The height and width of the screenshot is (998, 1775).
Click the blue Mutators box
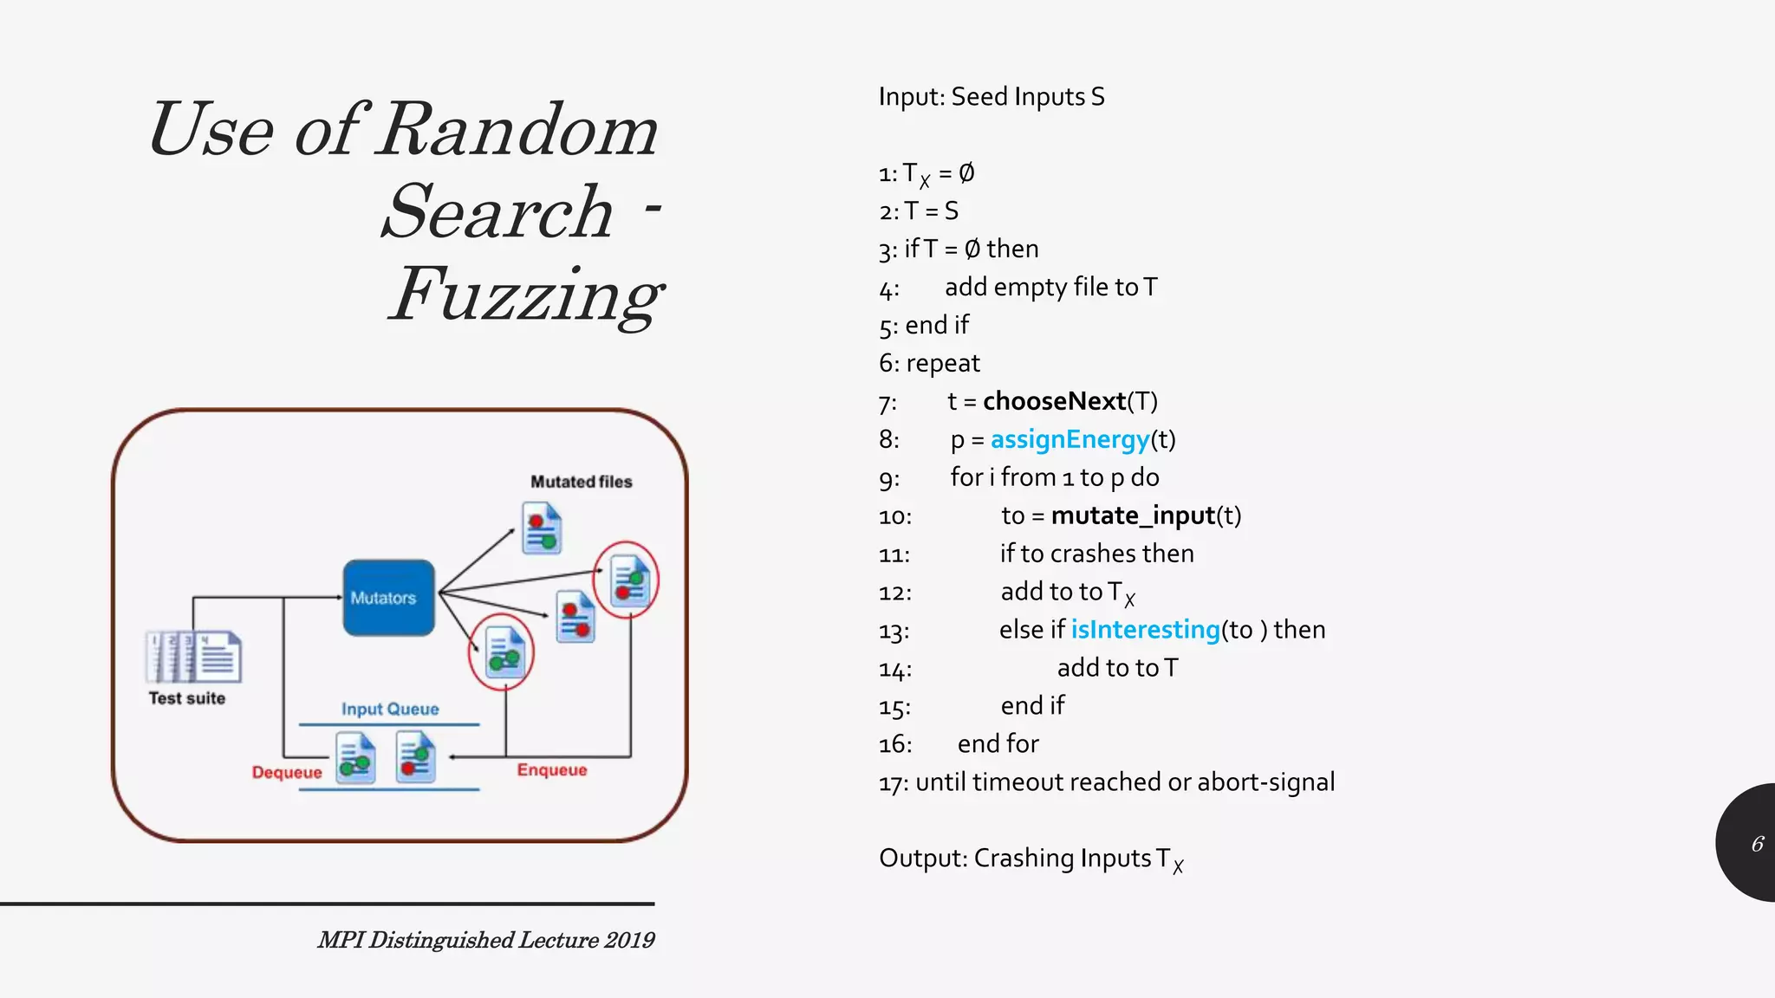388,598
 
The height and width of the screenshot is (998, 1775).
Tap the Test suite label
186,698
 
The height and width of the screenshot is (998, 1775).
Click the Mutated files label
581,482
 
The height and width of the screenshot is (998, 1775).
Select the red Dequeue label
287,772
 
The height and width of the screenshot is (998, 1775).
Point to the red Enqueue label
552,770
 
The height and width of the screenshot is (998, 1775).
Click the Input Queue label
390,709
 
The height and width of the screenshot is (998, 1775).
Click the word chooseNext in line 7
1054,401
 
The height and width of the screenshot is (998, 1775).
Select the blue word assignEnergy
1070,439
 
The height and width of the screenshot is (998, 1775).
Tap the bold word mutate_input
1133,515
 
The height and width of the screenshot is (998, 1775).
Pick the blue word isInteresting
1145,630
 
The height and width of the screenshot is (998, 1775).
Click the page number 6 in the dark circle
1757,844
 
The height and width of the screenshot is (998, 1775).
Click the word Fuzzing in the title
525,295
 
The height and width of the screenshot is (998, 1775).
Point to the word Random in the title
518,130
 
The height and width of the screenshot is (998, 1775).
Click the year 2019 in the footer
630,940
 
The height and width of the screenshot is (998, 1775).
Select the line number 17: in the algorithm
894,783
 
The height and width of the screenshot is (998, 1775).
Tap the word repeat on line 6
943,363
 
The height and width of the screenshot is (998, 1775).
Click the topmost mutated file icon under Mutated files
542,528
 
